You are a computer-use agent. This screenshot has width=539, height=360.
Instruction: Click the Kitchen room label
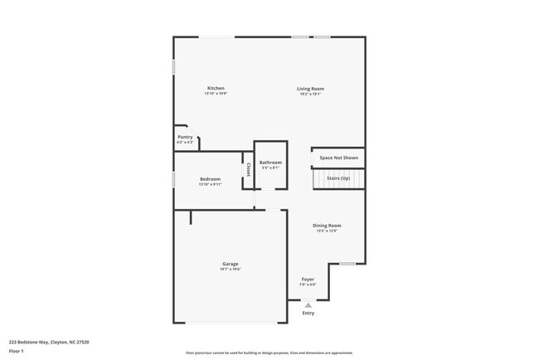tap(216, 88)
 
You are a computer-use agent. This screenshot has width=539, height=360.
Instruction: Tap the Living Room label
tap(311, 88)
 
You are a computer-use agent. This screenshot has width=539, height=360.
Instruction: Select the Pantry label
tap(185, 137)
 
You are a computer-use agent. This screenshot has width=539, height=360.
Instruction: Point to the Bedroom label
tap(210, 179)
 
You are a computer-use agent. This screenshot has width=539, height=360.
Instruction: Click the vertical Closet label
tap(247, 169)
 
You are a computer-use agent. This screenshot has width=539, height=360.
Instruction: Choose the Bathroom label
tap(270, 163)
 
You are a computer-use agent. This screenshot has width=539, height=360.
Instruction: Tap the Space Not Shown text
tap(338, 157)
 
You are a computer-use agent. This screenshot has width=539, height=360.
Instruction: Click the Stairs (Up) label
tap(338, 178)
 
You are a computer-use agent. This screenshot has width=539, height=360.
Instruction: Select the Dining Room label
tap(327, 225)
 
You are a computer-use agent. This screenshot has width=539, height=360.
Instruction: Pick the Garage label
tap(230, 264)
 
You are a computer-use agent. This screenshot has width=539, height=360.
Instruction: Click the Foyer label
tap(308, 280)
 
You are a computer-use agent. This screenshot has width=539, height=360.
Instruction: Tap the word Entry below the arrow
tap(308, 313)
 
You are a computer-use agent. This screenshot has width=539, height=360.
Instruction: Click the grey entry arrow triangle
tap(308, 305)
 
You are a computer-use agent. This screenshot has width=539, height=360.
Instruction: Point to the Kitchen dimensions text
tap(216, 94)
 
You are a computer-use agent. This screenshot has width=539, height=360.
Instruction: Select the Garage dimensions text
tap(230, 270)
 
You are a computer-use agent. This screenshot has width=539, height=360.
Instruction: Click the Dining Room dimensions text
tap(327, 231)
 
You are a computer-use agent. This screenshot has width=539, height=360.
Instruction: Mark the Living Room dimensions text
tap(311, 94)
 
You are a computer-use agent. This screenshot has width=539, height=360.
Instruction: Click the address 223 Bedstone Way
tap(49, 341)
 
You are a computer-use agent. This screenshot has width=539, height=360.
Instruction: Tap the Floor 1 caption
tap(16, 351)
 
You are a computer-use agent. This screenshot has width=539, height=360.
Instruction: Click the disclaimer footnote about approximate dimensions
tap(269, 352)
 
